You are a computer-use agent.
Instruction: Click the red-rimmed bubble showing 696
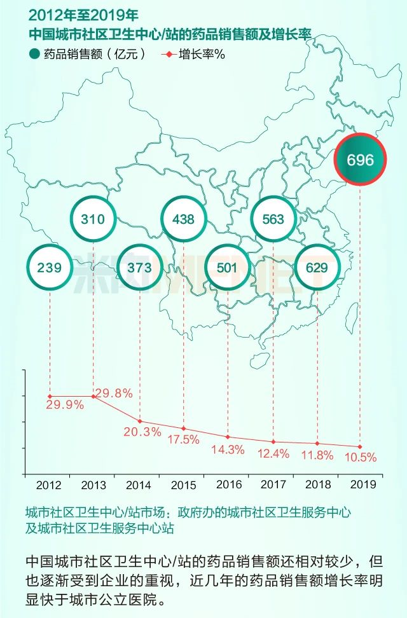[361, 159]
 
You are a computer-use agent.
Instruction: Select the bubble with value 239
[49, 268]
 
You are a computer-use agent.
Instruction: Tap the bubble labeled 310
[93, 219]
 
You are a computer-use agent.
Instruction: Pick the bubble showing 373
[139, 268]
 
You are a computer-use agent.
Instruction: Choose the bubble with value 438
[184, 219]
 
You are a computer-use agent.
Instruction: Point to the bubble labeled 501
[227, 268]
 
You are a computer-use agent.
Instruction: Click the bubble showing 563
[273, 219]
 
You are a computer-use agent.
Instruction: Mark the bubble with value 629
[317, 268]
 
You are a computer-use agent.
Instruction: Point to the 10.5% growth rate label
[360, 457]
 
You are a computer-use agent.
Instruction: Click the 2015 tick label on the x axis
[183, 485]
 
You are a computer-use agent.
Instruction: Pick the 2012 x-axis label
[49, 485]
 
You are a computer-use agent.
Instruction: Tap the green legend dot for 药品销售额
[34, 54]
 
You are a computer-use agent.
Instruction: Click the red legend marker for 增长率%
[168, 54]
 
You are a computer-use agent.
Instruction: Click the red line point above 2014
[139, 422]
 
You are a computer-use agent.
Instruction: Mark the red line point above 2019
[360, 446]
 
